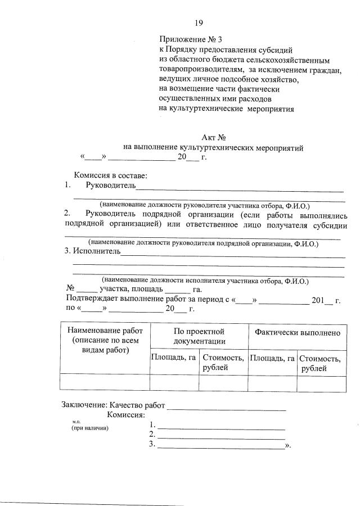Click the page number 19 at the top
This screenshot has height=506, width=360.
[x=199, y=23]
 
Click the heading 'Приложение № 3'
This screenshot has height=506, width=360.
[x=191, y=40]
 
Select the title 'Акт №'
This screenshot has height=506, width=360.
[x=213, y=138]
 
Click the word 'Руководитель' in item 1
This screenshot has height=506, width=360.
[x=111, y=185]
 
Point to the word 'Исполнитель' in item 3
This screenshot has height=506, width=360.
[x=97, y=251]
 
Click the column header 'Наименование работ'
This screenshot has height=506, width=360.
[x=105, y=331]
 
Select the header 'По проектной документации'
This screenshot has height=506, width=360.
[x=199, y=336]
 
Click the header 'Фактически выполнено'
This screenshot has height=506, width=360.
[x=297, y=332]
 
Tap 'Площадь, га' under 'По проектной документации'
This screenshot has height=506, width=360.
[x=174, y=357]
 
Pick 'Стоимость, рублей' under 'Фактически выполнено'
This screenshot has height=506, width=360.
[x=321, y=363]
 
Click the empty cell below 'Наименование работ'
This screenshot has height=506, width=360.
[x=105, y=382]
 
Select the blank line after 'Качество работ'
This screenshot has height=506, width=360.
[x=226, y=406]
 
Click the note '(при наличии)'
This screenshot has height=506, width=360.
[x=89, y=428]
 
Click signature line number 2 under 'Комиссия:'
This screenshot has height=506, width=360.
[x=221, y=436]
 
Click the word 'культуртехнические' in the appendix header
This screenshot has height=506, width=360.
[x=206, y=109]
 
